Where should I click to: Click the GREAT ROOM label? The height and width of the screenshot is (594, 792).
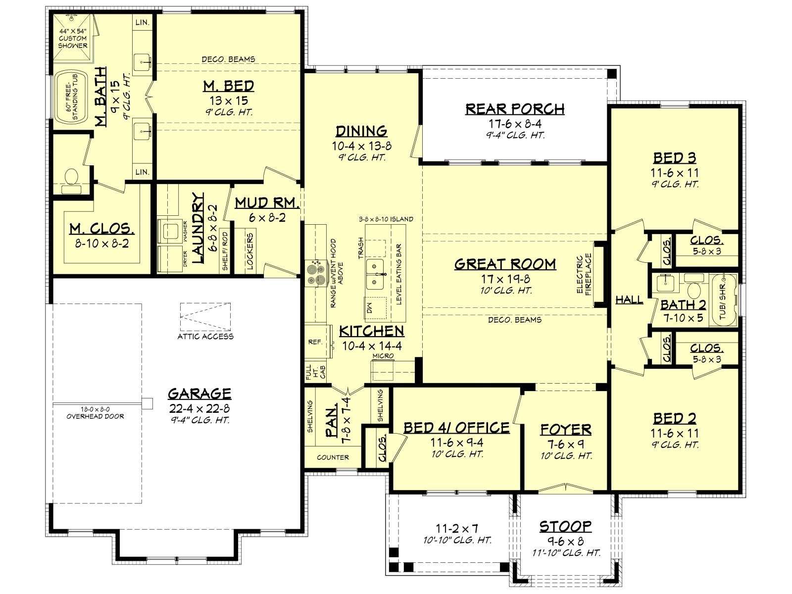click(x=505, y=264)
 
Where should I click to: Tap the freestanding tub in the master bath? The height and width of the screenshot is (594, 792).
click(x=71, y=98)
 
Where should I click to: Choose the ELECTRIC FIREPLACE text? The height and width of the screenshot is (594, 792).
click(x=584, y=274)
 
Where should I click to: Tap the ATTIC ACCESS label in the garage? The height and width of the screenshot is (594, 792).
click(x=205, y=337)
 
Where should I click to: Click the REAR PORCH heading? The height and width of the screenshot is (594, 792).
click(x=514, y=109)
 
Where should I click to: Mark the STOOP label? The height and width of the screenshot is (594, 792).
click(x=565, y=527)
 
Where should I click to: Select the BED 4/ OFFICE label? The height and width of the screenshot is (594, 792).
click(x=456, y=428)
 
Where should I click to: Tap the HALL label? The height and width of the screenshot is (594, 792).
click(x=629, y=299)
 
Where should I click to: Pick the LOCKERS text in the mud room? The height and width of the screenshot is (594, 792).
click(x=249, y=252)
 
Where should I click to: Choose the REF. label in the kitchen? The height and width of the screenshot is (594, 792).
click(x=315, y=342)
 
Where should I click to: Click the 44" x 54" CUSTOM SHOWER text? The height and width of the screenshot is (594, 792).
click(x=73, y=38)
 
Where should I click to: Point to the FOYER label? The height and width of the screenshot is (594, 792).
click(x=566, y=430)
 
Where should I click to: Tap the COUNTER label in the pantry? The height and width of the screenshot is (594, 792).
click(x=333, y=457)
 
